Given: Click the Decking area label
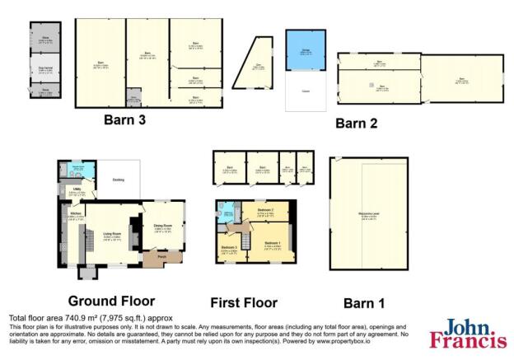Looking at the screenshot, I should pyautogui.click(x=118, y=180).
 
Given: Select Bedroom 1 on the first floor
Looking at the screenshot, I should pyautogui.click(x=272, y=244).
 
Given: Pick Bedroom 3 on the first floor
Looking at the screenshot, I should pyautogui.click(x=229, y=248).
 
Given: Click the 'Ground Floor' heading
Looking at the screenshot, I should pyautogui.click(x=111, y=301).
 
